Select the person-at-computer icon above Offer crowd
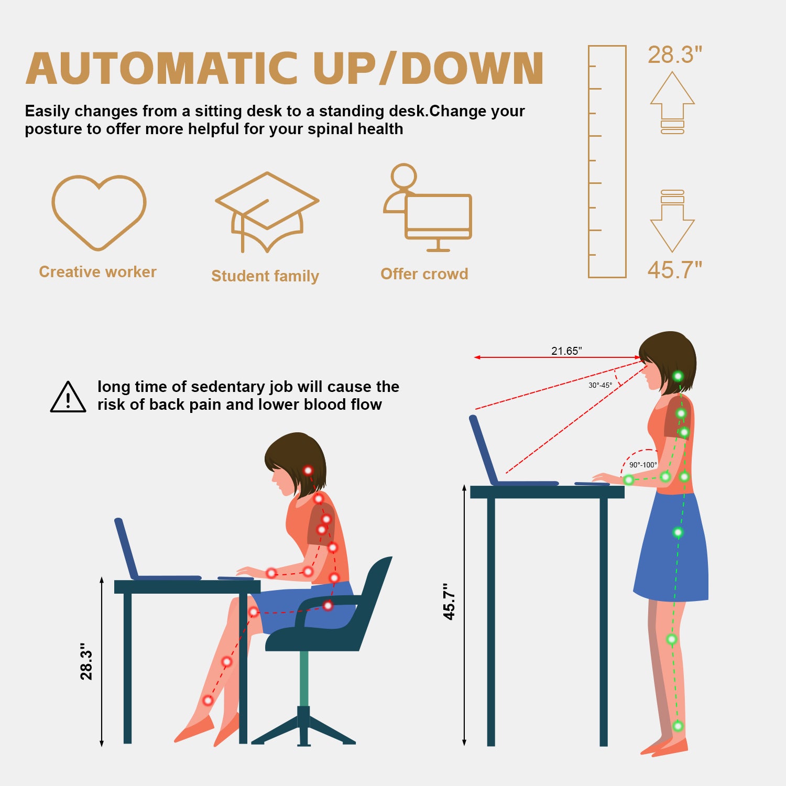click(x=428, y=208)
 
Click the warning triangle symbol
click(x=68, y=397)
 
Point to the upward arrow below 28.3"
click(x=672, y=102)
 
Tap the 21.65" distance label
click(x=566, y=351)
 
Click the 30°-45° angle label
click(x=600, y=385)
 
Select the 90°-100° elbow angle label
click(x=643, y=465)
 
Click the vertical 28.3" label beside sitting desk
click(x=86, y=661)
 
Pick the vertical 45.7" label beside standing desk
click(x=449, y=602)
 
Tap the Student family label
click(x=265, y=276)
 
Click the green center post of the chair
click(x=304, y=678)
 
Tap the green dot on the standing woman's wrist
click(x=628, y=479)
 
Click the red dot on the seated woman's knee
click(x=254, y=612)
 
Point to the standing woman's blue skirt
click(x=671, y=550)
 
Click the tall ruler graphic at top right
click(x=607, y=161)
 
